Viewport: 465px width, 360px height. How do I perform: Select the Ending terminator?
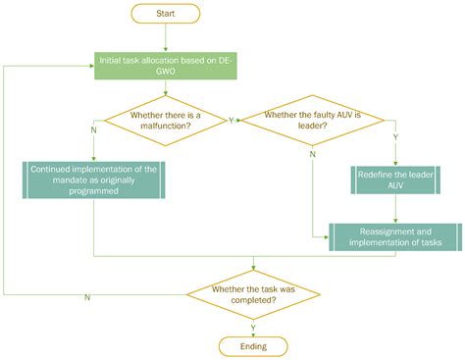(253, 346)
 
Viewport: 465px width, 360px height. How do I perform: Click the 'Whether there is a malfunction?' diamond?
(166, 121)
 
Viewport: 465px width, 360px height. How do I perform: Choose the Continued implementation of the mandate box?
(93, 180)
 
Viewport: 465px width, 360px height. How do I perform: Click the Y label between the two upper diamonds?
(231, 121)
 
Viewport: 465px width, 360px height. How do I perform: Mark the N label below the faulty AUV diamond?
(313, 155)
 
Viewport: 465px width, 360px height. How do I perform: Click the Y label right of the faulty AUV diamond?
(394, 138)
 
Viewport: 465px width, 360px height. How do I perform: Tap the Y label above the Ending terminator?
(255, 327)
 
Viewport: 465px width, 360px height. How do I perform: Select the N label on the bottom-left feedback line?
(87, 296)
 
